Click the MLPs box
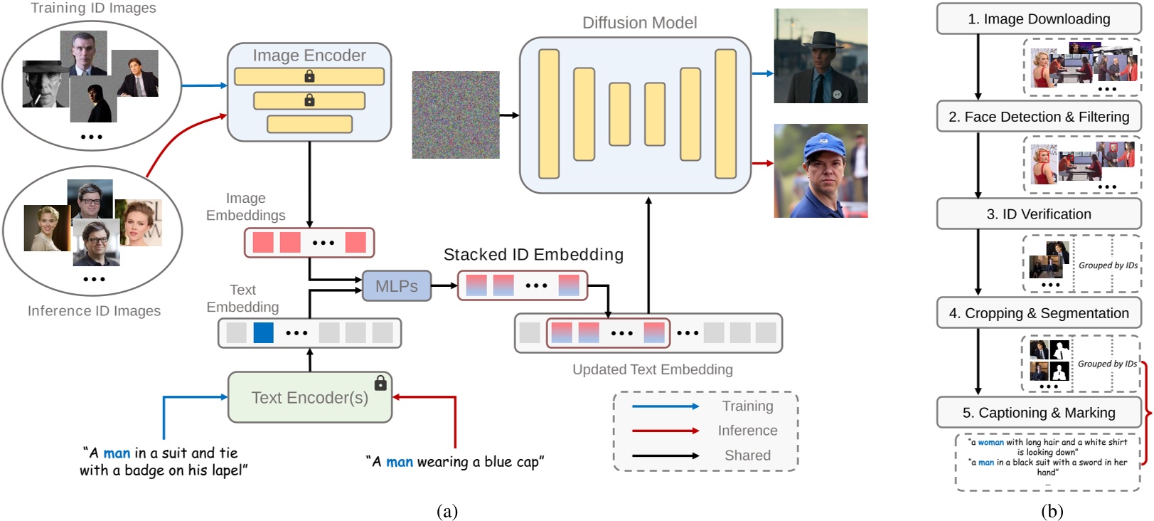pyautogui.click(x=397, y=286)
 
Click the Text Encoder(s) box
pyautogui.click(x=310, y=398)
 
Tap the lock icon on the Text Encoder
pyautogui.click(x=380, y=383)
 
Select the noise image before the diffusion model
pyautogui.click(x=456, y=115)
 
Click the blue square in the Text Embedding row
pyautogui.click(x=264, y=332)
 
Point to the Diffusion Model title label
pyautogui.click(x=639, y=23)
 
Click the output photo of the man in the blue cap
pyautogui.click(x=821, y=171)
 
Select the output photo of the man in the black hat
pyautogui.click(x=821, y=56)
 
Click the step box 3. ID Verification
pyautogui.click(x=1039, y=214)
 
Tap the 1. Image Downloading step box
pyautogui.click(x=1039, y=19)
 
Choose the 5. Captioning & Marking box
pyautogui.click(x=1039, y=413)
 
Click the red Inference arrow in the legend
pyautogui.click(x=666, y=431)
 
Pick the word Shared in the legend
pyautogui.click(x=747, y=456)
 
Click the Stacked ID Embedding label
pyautogui.click(x=533, y=255)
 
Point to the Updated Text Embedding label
pyautogui.click(x=652, y=369)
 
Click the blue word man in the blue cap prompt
pyautogui.click(x=400, y=462)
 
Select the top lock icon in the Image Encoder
pyautogui.click(x=309, y=76)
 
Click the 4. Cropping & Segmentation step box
pyautogui.click(x=1039, y=313)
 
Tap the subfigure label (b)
pyautogui.click(x=1052, y=511)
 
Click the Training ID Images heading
pyautogui.click(x=93, y=8)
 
